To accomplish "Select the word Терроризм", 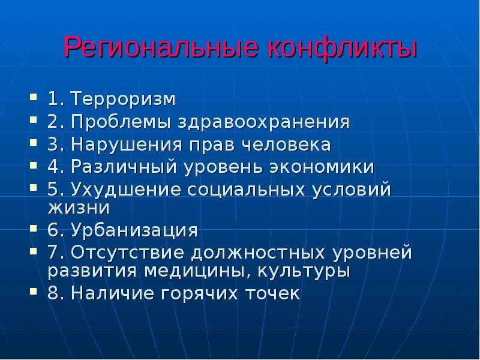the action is click(x=124, y=100).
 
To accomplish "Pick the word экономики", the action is click(x=322, y=167).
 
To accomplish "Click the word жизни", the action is click(x=79, y=208).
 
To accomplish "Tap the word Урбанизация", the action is click(x=134, y=230).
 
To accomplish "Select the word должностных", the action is click(x=258, y=253).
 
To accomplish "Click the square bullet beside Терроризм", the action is click(x=33, y=97).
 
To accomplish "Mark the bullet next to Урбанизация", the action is click(x=33, y=228).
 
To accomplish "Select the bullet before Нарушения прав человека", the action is click(x=33, y=142).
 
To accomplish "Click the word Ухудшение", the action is click(x=126, y=190).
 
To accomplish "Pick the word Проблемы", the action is click(x=121, y=122).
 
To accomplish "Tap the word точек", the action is click(x=273, y=293).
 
